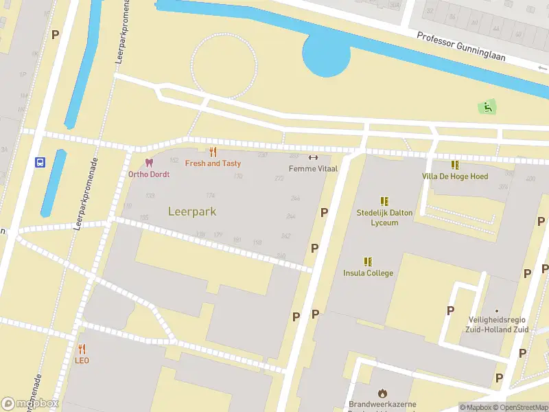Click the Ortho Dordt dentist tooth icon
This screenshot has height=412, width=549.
(148, 163)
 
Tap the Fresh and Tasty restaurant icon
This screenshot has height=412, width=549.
(213, 152)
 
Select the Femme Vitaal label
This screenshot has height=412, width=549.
(313, 168)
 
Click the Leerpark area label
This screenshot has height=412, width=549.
(192, 211)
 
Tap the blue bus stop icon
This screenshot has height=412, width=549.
(40, 163)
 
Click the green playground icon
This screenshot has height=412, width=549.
(487, 106)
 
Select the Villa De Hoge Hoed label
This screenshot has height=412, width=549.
(455, 176)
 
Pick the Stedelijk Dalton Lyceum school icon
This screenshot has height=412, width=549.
(384, 201)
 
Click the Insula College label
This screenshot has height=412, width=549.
(369, 273)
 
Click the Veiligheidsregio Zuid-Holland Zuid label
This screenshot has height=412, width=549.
(498, 325)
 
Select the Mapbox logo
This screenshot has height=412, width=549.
(30, 403)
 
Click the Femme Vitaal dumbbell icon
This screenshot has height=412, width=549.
(313, 157)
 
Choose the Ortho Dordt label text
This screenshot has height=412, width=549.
(149, 174)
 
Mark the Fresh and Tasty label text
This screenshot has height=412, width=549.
(213, 163)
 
